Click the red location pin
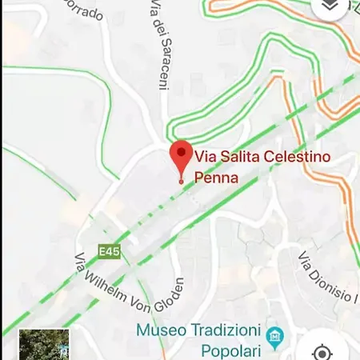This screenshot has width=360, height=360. [x=182, y=155]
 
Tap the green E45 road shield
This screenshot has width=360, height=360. [x=110, y=251]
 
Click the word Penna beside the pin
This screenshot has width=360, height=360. [x=217, y=178]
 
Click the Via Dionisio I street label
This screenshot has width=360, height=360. [x=327, y=280]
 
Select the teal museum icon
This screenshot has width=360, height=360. [x=276, y=334]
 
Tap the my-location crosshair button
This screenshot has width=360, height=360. [x=322, y=351]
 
